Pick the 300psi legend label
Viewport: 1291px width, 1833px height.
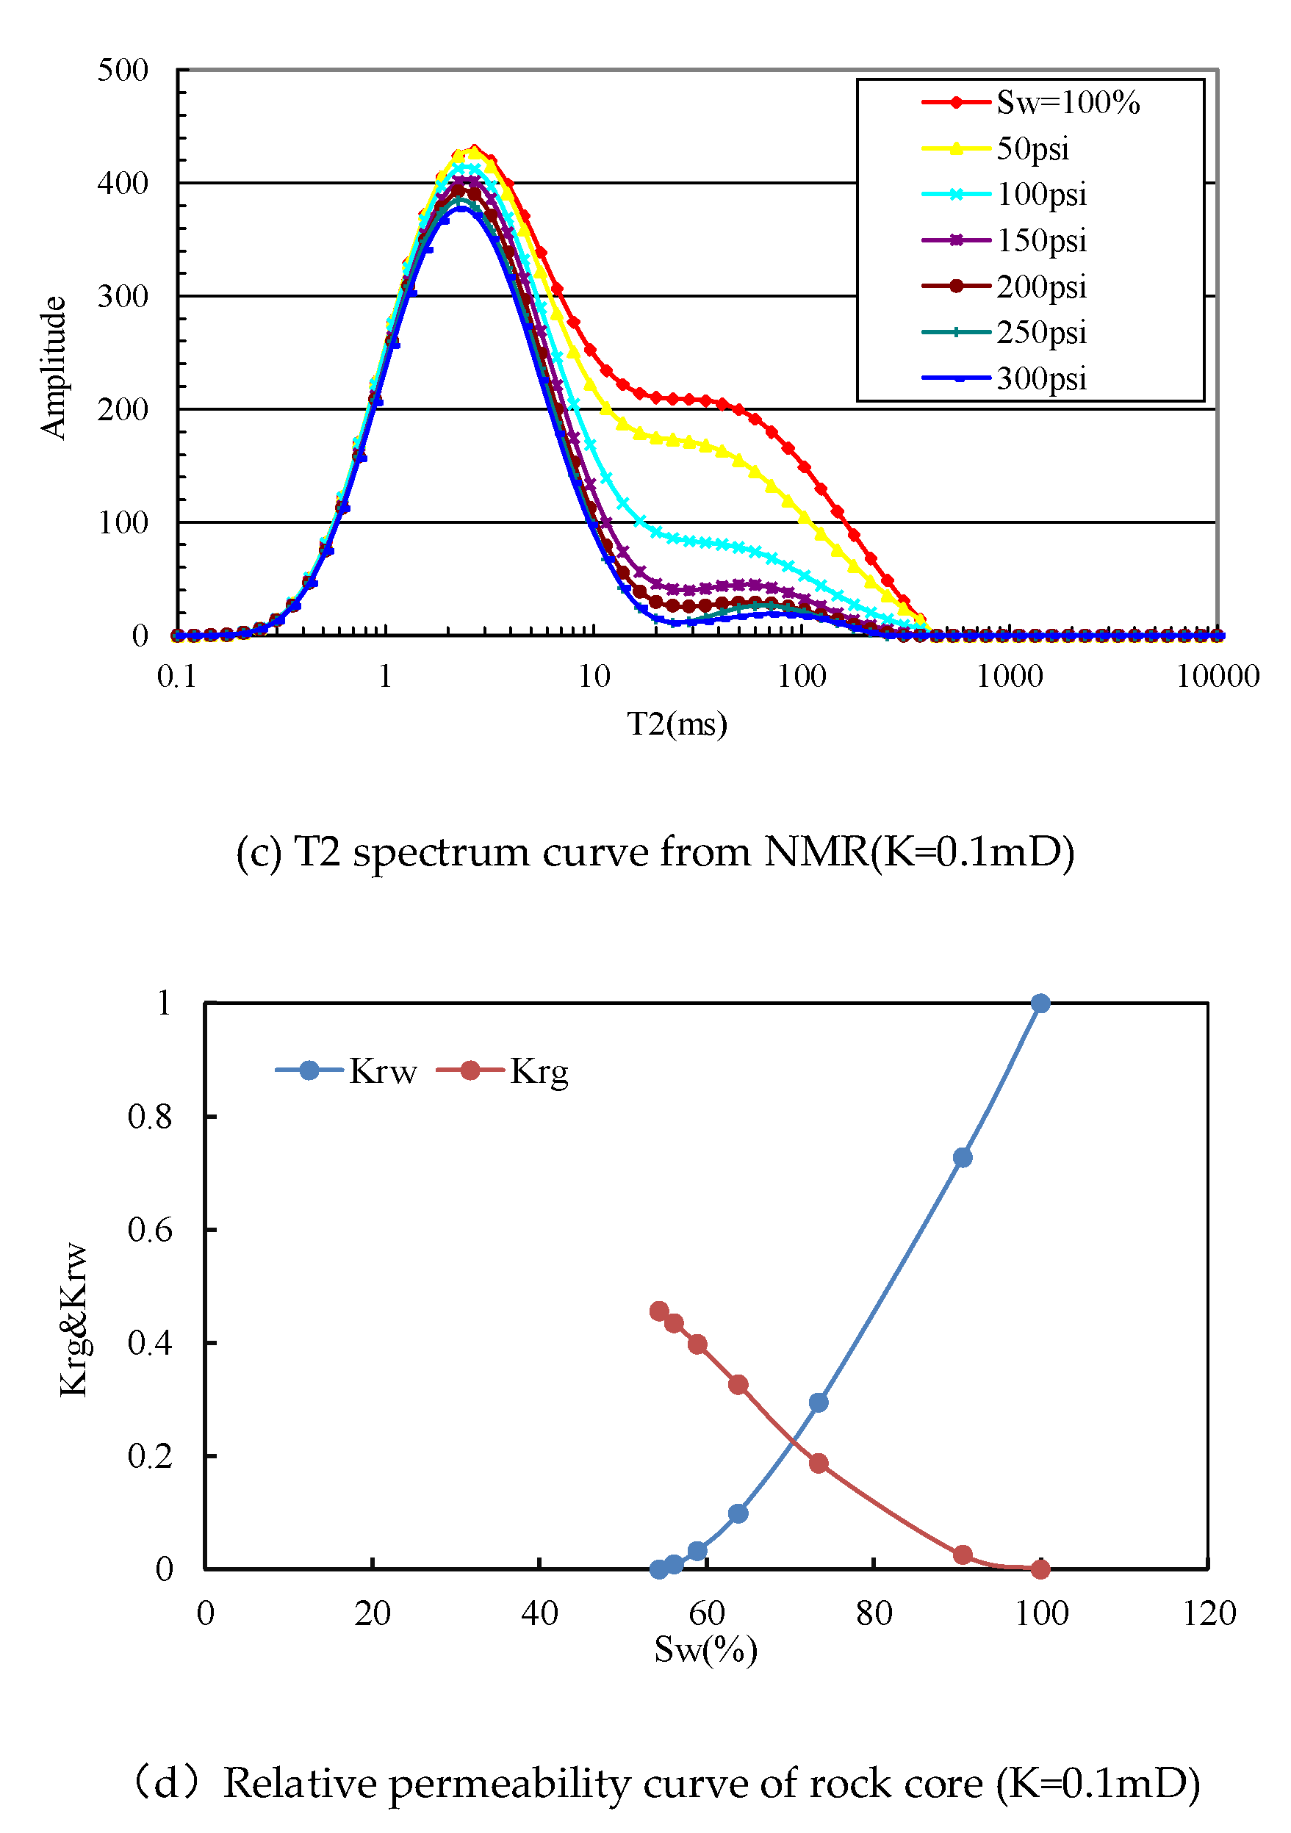1041,378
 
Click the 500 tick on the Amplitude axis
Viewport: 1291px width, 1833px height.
123,71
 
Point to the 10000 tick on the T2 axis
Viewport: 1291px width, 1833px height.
1217,677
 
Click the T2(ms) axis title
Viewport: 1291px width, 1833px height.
676,724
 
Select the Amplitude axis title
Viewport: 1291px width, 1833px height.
54,367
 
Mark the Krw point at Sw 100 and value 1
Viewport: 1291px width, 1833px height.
1040,1004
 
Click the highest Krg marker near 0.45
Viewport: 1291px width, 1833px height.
658,1311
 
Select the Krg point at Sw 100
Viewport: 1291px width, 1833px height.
1040,1569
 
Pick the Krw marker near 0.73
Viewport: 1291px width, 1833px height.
962,1158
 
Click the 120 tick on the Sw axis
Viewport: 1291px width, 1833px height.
1208,1613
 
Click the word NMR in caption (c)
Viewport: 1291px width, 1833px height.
815,851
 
